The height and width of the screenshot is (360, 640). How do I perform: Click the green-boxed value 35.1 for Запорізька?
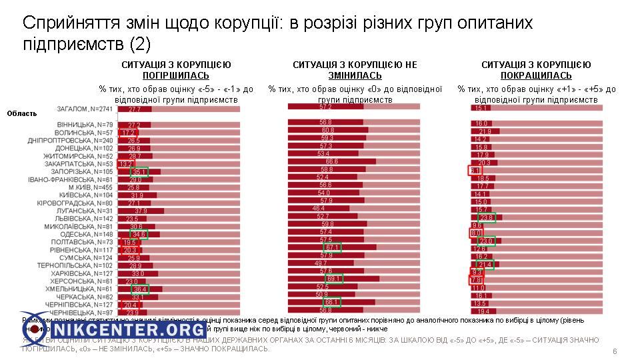pos(139,171)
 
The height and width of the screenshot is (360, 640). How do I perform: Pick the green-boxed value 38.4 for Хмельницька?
pos(139,289)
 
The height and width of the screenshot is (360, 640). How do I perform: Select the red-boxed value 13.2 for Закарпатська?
pos(125,163)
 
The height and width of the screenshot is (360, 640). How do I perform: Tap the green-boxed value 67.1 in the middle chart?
pos(333,247)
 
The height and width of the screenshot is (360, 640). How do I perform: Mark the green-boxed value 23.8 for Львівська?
pos(487,217)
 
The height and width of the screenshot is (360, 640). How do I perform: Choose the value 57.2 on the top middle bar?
pos(325,107)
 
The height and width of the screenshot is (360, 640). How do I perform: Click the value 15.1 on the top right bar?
pos(481,108)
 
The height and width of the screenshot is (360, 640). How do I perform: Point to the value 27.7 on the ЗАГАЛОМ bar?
pos(135,109)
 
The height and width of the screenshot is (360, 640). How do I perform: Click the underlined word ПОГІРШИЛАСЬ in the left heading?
pos(176,75)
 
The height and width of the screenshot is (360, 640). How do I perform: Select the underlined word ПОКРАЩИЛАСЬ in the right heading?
pos(536,75)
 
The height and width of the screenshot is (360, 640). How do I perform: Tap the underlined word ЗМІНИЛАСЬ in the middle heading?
pos(355,75)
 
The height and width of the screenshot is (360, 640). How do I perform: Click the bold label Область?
pos(22,113)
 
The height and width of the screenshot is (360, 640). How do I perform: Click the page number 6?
pos(614,351)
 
